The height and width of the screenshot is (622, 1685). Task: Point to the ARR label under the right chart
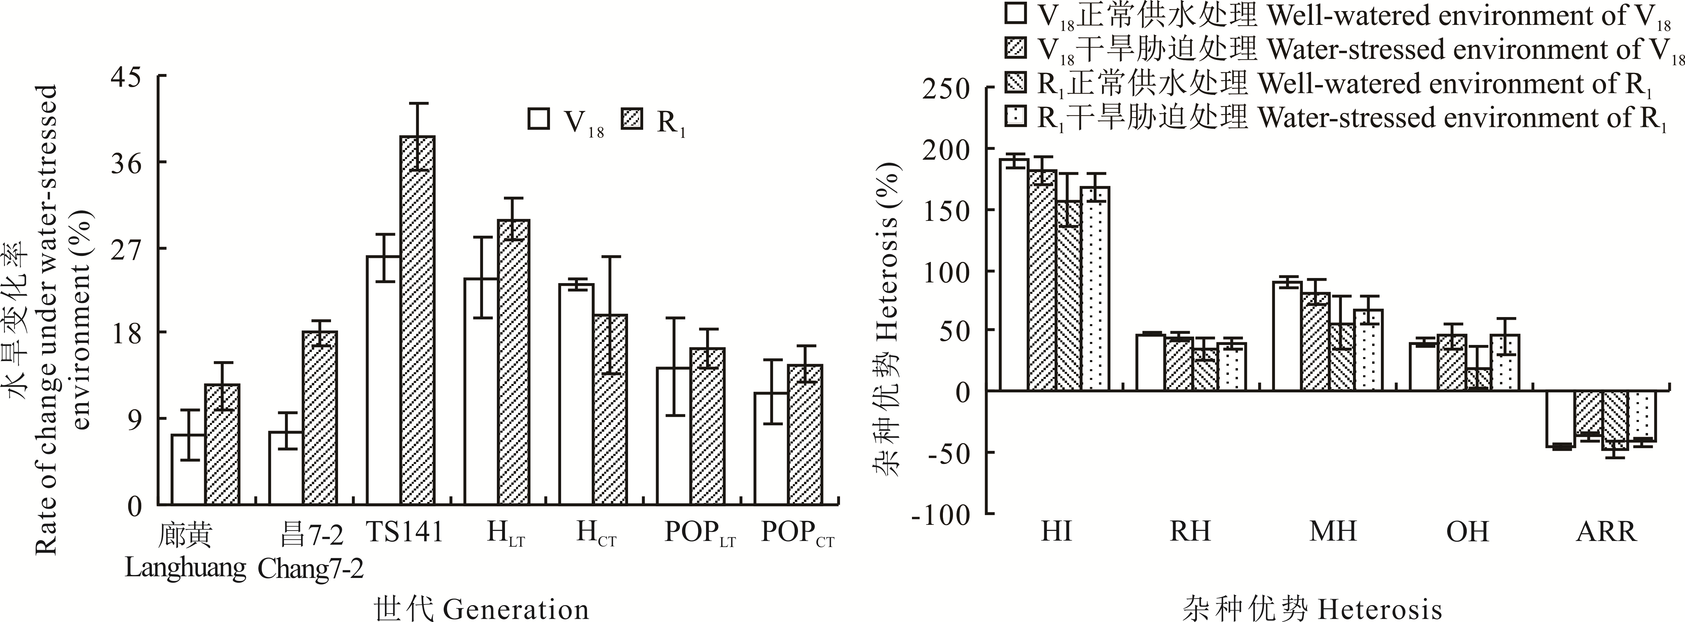click(x=1606, y=532)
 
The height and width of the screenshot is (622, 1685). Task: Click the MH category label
click(x=1332, y=532)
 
